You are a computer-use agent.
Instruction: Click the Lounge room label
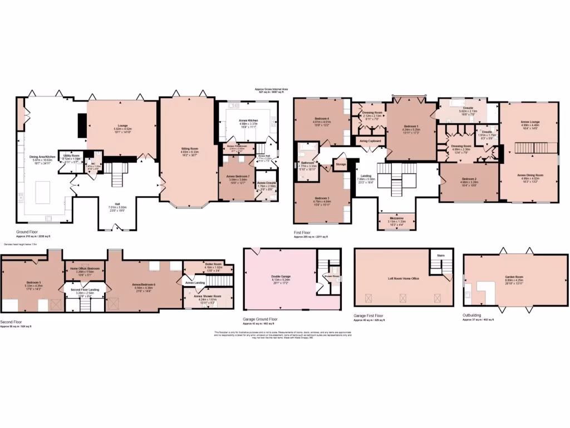[122, 126]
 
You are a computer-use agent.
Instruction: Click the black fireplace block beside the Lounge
[82, 125]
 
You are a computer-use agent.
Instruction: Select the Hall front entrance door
[115, 227]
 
